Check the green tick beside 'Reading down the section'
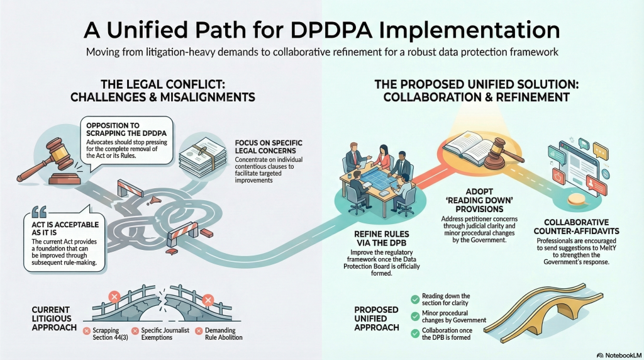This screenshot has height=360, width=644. click(x=414, y=299)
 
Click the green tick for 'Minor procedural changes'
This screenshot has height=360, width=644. click(x=414, y=316)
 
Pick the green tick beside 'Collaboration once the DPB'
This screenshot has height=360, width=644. click(x=414, y=333)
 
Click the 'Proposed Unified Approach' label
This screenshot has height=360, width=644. click(x=375, y=318)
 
